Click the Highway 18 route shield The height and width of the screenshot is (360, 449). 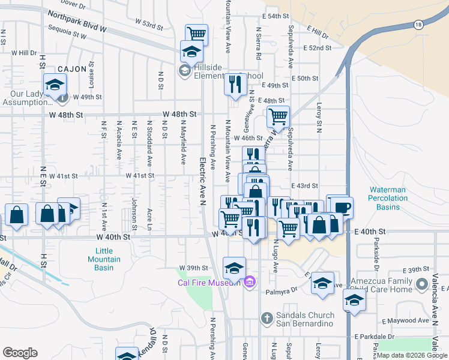click(418, 25)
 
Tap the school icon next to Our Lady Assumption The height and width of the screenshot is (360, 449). click(55, 85)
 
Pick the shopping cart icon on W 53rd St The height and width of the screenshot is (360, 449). click(196, 34)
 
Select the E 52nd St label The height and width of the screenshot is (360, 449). click(318, 47)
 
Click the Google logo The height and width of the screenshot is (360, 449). click(20, 353)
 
